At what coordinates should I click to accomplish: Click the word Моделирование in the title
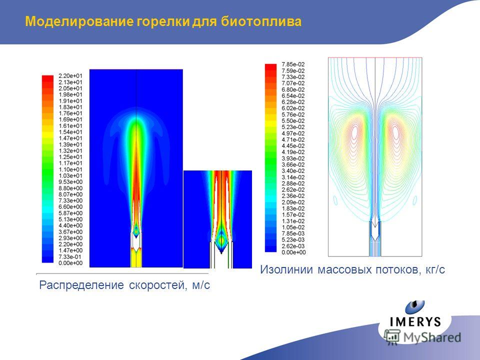(79, 21)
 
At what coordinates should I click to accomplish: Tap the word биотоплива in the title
(261, 21)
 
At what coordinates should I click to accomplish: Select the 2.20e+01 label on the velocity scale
(70, 76)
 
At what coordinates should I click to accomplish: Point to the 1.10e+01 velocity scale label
(70, 169)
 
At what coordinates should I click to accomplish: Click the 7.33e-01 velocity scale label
(70, 257)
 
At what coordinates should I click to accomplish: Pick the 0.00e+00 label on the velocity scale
(70, 263)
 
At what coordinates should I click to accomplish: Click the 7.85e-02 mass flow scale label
(293, 64)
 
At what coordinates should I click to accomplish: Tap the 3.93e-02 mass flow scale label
(293, 158)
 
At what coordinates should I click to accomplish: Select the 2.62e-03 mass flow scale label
(293, 246)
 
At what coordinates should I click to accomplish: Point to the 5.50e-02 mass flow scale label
(293, 120)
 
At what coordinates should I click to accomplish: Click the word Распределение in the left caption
(81, 285)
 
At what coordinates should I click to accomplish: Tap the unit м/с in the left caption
(201, 285)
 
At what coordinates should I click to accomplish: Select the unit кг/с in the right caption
(435, 269)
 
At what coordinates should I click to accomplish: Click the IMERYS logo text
(415, 321)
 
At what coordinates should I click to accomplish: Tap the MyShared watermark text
(432, 337)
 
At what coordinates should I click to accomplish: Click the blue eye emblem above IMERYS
(415, 307)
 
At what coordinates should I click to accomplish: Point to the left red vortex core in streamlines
(355, 132)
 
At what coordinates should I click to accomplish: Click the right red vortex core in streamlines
(395, 132)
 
